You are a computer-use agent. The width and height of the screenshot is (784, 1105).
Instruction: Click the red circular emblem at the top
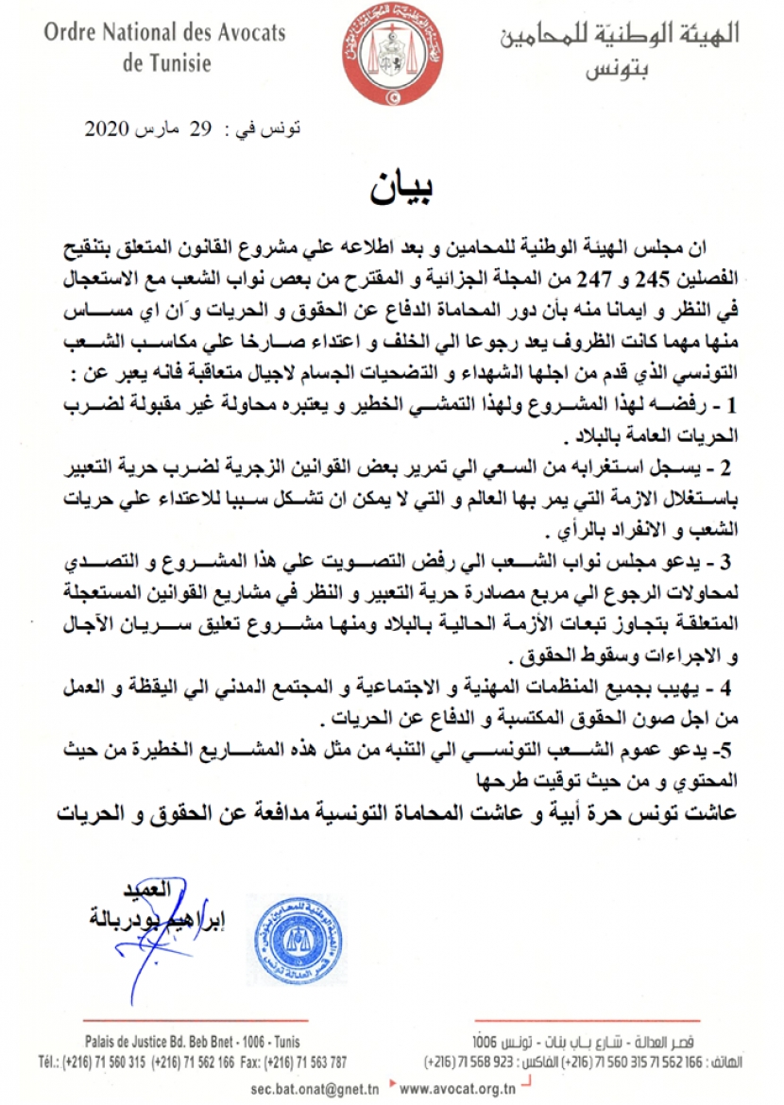(x=389, y=53)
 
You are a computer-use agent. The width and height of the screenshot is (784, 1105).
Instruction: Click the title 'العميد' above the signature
(x=145, y=891)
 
